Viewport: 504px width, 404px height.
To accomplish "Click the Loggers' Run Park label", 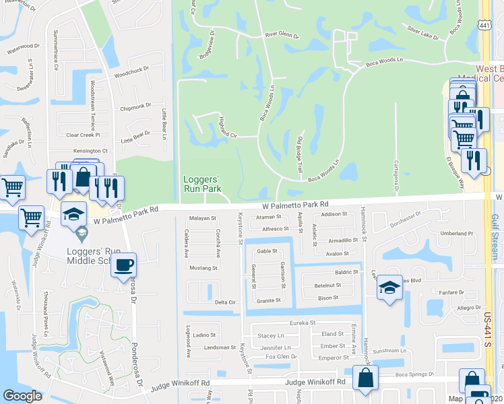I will click(202, 184).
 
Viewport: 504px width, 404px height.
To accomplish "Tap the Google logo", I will click(22, 396).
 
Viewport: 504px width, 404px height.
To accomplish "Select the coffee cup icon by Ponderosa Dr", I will click(123, 265).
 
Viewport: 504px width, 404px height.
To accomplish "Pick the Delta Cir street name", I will click(224, 303).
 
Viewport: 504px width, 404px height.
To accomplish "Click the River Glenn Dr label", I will click(282, 34).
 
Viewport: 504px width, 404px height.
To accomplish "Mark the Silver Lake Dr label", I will click(423, 32).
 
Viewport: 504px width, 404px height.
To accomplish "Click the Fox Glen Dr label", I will click(281, 356).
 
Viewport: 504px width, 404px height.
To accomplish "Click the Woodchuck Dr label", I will click(131, 73).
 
